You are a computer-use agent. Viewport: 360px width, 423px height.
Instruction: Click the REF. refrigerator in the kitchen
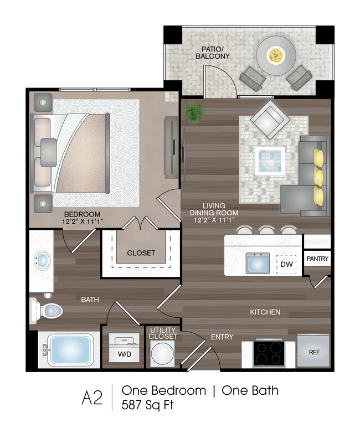pyautogui.click(x=313, y=350)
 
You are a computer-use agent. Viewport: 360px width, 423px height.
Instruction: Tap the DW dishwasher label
pyautogui.click(x=286, y=264)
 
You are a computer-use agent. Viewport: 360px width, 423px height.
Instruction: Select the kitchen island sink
pyautogui.click(x=258, y=263)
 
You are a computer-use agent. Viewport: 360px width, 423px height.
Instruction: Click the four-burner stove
pyautogui.click(x=269, y=353)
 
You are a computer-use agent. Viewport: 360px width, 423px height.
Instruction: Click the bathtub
pyautogui.click(x=70, y=350)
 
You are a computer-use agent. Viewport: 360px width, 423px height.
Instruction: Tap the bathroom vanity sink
pyautogui.click(x=43, y=260)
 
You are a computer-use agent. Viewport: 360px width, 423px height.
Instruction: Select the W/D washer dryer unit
pyautogui.click(x=124, y=348)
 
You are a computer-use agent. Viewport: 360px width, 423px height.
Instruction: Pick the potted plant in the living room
pyautogui.click(x=193, y=113)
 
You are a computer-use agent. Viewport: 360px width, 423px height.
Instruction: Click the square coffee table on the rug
pyautogui.click(x=270, y=161)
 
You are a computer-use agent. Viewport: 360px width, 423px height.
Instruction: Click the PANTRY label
pyautogui.click(x=317, y=259)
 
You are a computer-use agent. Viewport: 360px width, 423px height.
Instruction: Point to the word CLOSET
pyautogui.click(x=141, y=253)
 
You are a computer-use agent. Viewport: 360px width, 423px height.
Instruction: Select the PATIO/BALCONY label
pyautogui.click(x=213, y=53)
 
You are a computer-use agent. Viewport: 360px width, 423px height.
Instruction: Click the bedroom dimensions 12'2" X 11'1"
pyautogui.click(x=83, y=221)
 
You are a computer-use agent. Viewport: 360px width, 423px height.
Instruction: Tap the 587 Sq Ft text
pyautogui.click(x=148, y=405)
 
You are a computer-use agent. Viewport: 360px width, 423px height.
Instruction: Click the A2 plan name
pyautogui.click(x=92, y=398)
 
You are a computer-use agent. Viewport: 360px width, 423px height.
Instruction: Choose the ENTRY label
pyautogui.click(x=222, y=337)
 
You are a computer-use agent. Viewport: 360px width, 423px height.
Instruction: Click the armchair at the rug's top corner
pyautogui.click(x=270, y=119)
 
